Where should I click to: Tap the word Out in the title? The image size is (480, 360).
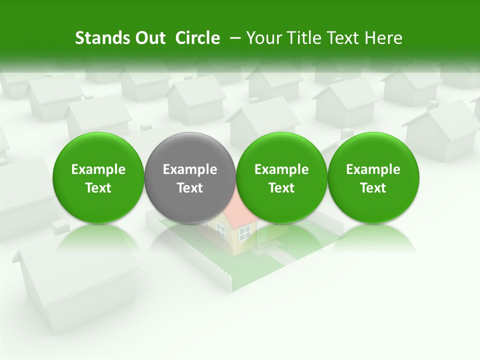click(x=148, y=38)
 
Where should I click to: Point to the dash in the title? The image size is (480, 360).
click(x=234, y=38)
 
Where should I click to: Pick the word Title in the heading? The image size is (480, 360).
click(x=302, y=38)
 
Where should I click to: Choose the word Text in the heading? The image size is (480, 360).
click(x=340, y=38)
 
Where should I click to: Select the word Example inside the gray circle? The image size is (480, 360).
click(x=190, y=169)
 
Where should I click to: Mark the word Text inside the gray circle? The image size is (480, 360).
click(x=190, y=188)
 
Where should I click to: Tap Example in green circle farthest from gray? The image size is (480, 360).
click(x=373, y=169)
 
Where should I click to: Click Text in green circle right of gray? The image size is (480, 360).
click(x=281, y=188)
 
